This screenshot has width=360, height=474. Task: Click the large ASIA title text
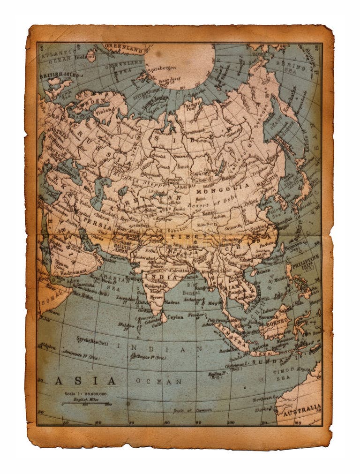pyautogui.click(x=85, y=380)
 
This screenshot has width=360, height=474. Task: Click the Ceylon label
pyautogui.click(x=175, y=317)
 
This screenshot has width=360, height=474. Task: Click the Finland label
pyautogui.click(x=105, y=110)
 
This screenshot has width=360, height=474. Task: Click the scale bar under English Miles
pyautogui.click(x=86, y=402)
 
